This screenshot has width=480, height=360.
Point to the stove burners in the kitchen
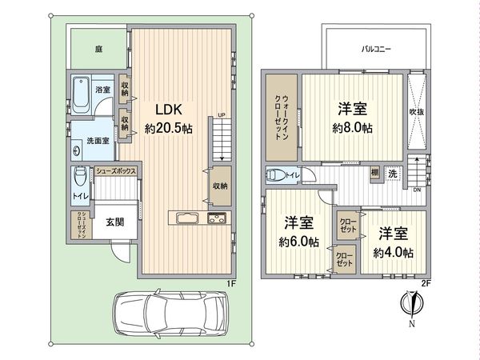pos(218,219)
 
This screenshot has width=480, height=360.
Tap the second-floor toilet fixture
pos(274,174)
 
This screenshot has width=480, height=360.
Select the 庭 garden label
pos(98,48)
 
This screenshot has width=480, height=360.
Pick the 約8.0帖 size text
pos(353,127)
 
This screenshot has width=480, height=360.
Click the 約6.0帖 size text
pos(298,241)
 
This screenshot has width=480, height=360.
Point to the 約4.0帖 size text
pos(393,252)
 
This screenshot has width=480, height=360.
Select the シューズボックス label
pos(118,171)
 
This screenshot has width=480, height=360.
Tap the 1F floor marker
pos(231,282)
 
